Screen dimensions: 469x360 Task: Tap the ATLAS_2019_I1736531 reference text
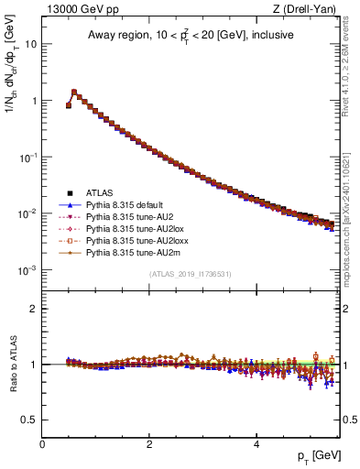[x=191, y=274]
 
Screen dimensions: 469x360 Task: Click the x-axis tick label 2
[x=150, y=443]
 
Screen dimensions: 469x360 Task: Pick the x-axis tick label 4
[x=257, y=443]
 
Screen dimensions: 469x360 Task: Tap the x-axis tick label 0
[x=42, y=443]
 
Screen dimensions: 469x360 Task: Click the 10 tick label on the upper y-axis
[x=29, y=44]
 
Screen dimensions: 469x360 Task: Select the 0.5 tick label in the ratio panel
[x=27, y=420]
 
